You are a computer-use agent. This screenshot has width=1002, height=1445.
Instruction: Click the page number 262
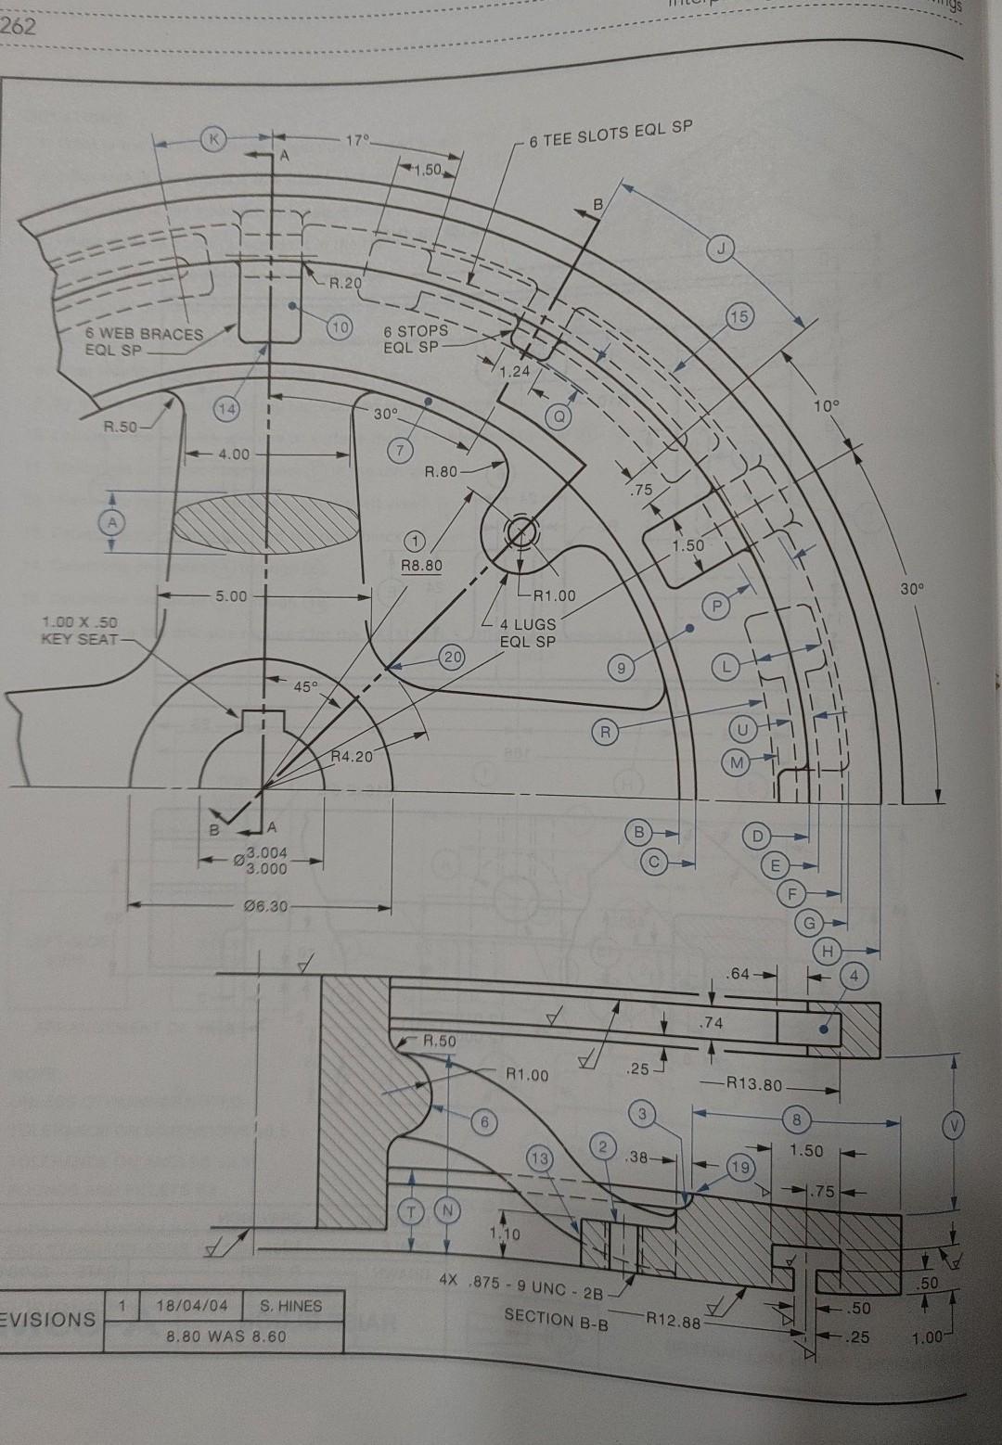[x=18, y=27]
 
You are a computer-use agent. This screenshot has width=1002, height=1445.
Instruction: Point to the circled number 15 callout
[x=739, y=314]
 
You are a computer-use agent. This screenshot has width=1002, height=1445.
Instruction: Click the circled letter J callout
[x=725, y=248]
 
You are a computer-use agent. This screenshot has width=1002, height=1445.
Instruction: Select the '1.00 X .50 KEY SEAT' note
[x=79, y=630]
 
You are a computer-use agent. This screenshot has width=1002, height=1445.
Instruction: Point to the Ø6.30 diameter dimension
[x=263, y=904]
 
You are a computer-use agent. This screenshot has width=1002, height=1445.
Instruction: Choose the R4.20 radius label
[x=352, y=757]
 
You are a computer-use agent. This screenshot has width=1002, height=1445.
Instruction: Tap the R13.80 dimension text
[x=754, y=1082]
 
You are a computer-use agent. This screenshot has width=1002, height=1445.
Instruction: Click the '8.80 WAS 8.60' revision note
[x=225, y=1336]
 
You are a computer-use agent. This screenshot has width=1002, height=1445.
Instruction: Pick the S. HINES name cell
[x=290, y=1307]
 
